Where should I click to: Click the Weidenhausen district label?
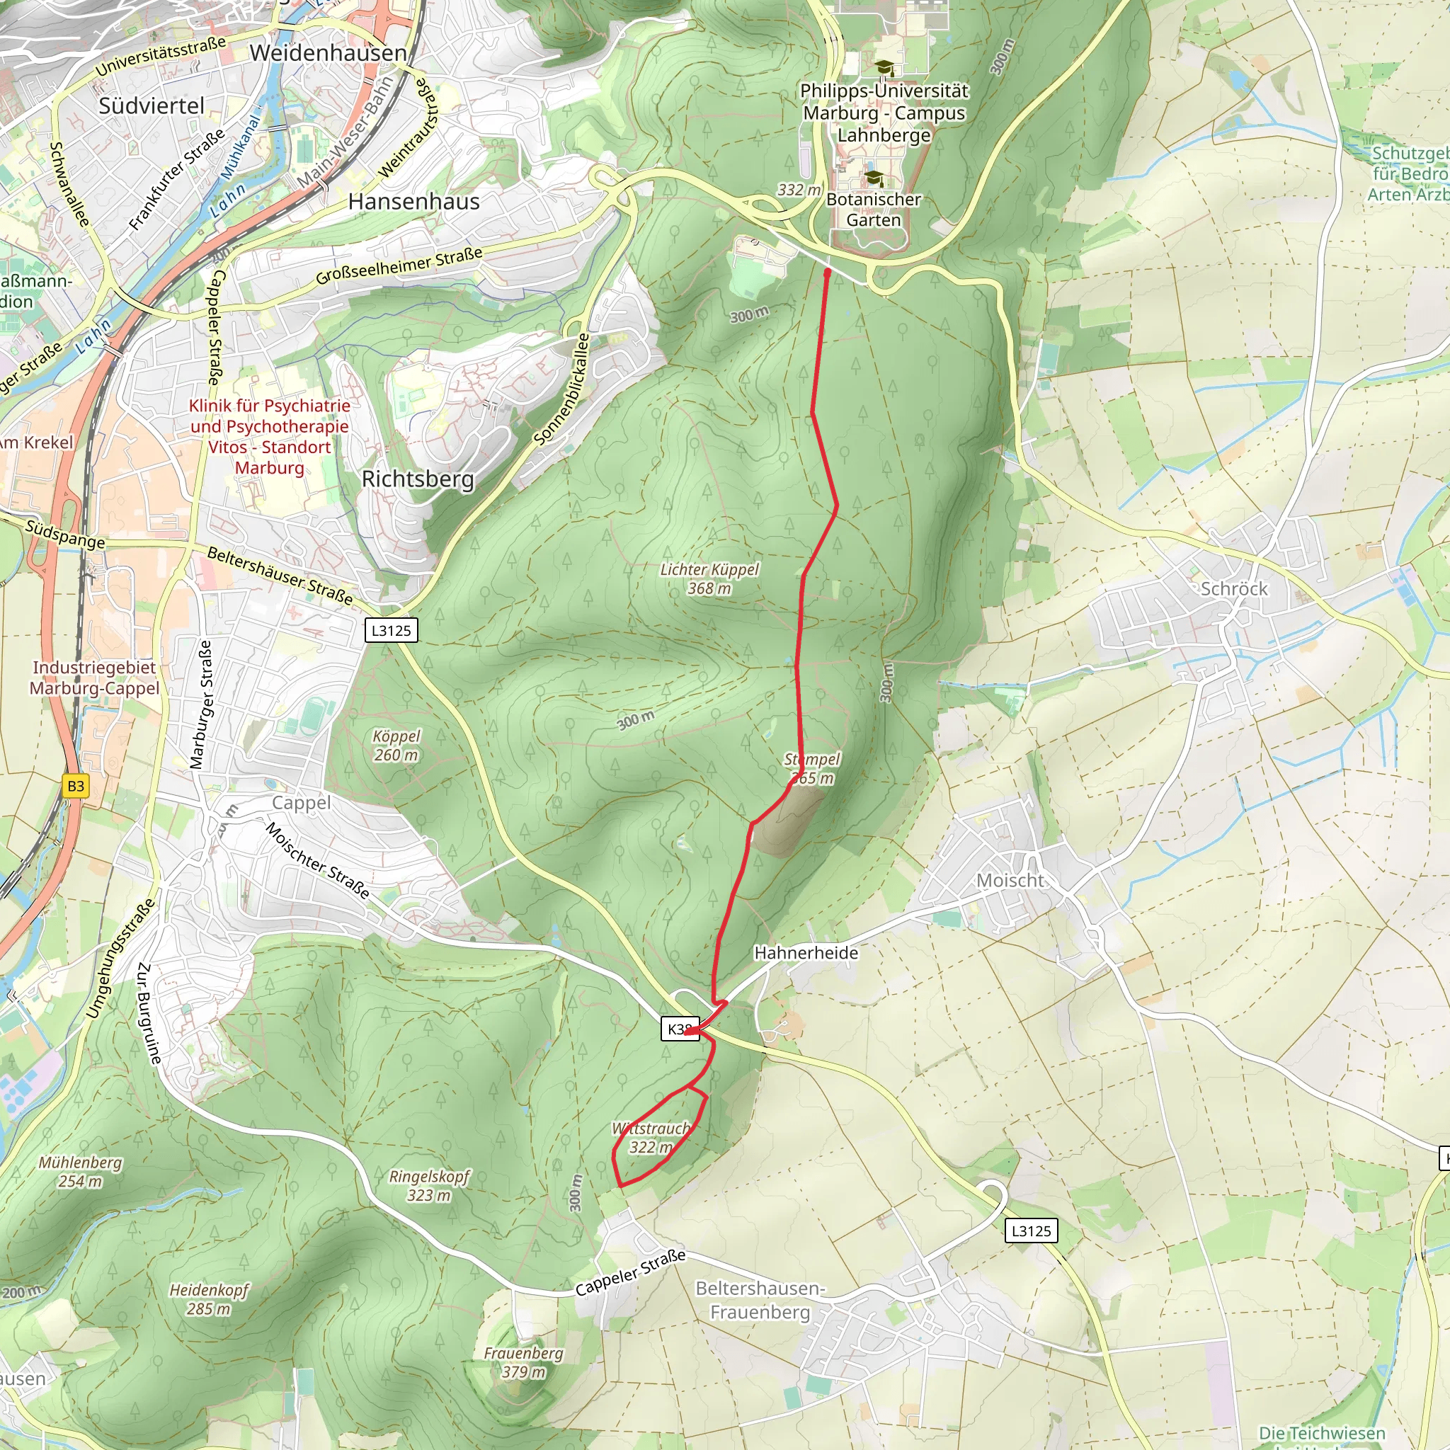point(328,53)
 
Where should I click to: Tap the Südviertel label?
point(152,105)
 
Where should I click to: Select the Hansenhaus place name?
point(413,202)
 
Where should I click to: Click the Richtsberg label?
point(417,479)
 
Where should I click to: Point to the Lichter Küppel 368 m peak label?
point(709,578)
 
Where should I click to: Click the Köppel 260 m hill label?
point(396,746)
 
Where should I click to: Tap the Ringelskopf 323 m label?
point(428,1185)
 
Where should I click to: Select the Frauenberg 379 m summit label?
point(523,1362)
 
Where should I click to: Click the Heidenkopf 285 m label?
point(209,1299)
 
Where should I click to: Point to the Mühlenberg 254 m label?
point(80,1171)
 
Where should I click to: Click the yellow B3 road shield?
point(76,786)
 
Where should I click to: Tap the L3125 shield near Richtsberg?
point(391,630)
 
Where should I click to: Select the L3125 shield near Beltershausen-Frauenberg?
point(1031,1231)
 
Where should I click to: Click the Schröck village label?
point(1234,589)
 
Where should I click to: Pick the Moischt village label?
point(1010,880)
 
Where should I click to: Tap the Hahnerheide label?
point(806,953)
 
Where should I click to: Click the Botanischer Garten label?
point(874,210)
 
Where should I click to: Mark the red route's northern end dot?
point(827,274)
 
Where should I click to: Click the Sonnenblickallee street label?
point(562,389)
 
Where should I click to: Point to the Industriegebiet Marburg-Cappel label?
point(95,678)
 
